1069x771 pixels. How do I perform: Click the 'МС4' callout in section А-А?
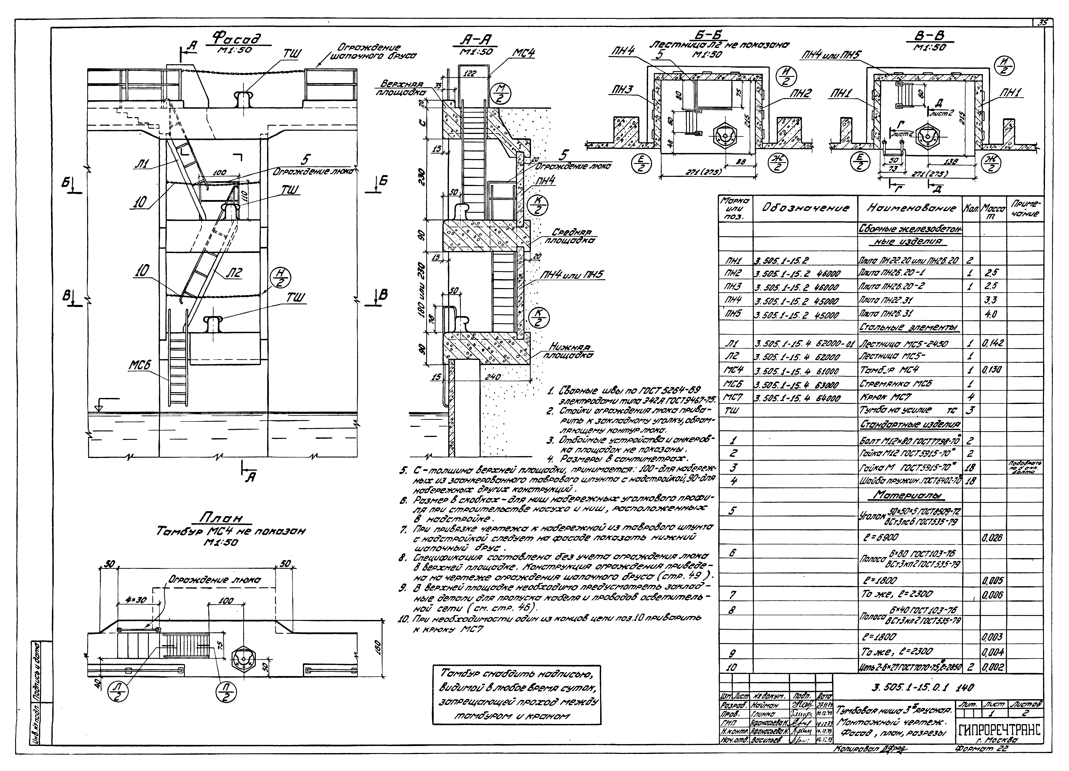(x=523, y=54)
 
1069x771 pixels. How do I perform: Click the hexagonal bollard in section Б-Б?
(x=723, y=137)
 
